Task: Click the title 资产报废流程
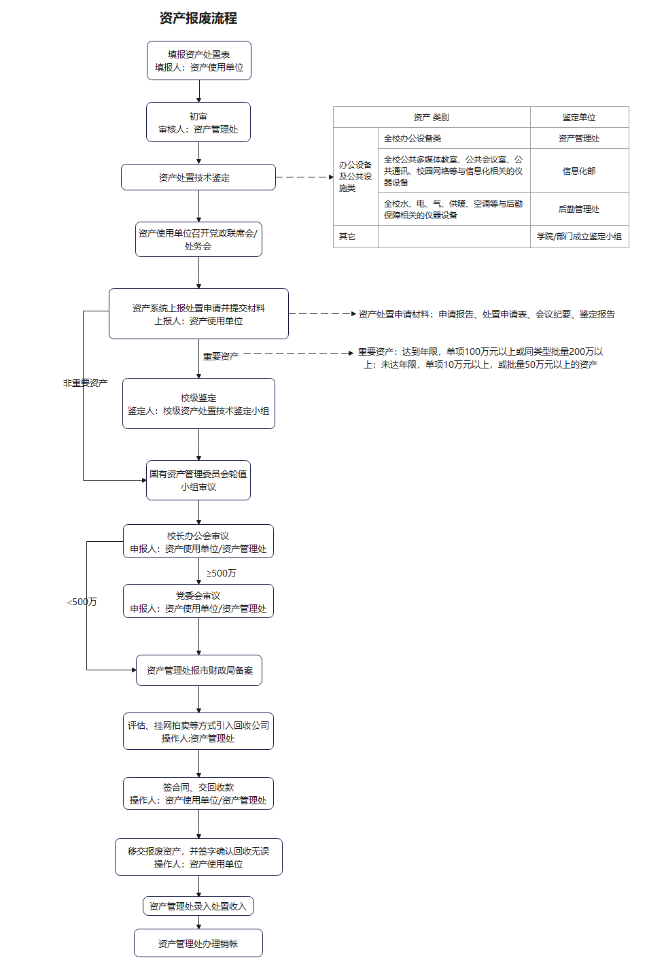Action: (198, 18)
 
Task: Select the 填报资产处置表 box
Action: (199, 61)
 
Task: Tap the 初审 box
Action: (198, 122)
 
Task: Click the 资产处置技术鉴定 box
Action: (198, 177)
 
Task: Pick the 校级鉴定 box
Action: (198, 404)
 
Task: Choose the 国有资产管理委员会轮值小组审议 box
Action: (198, 480)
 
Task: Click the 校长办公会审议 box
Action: (198, 542)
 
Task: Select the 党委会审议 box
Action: (198, 602)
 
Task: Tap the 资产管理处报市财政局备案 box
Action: (199, 670)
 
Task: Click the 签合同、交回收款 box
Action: (198, 793)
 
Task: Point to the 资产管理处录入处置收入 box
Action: (198, 906)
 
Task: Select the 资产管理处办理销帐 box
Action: (198, 944)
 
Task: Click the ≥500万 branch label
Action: (222, 573)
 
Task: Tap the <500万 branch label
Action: (82, 602)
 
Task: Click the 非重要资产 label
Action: (86, 383)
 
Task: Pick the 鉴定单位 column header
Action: (579, 118)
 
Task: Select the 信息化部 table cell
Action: (579, 171)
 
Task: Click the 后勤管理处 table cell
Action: (579, 209)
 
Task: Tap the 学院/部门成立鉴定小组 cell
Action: (579, 237)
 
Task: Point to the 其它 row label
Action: (347, 237)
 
